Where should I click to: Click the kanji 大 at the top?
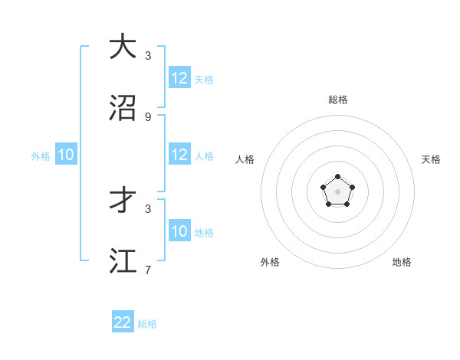click(123, 47)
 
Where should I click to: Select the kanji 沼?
click(123, 108)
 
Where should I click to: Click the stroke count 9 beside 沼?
click(148, 116)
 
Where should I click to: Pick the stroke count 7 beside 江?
click(148, 270)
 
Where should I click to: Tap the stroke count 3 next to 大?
click(148, 55)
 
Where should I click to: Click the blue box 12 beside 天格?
click(179, 78)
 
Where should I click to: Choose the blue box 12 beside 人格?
click(179, 155)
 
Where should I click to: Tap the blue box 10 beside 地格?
click(179, 231)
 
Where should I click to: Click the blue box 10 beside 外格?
click(66, 155)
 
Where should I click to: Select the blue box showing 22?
click(123, 322)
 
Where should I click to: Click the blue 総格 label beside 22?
click(147, 324)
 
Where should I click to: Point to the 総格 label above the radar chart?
click(337, 100)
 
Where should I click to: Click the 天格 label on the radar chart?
click(431, 159)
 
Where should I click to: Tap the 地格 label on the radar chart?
click(402, 262)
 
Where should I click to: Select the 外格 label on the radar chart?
click(270, 262)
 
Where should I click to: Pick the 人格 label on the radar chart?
click(245, 159)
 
